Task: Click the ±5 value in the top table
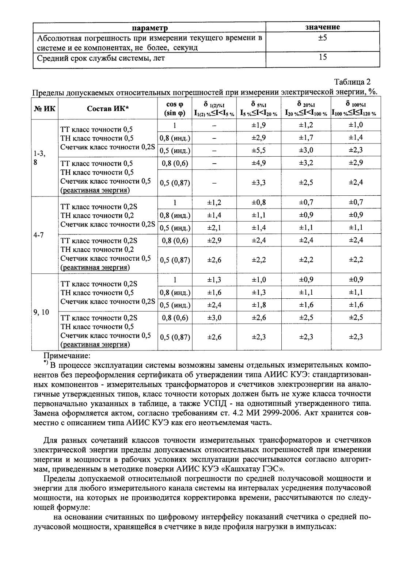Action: click(323, 38)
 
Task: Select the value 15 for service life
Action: click(323, 57)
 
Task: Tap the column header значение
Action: click(323, 27)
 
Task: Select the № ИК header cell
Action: click(45, 108)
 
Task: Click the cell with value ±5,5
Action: click(258, 150)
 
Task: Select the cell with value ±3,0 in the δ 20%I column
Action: click(306, 150)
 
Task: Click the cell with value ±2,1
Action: click(214, 228)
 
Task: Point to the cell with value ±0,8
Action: click(258, 203)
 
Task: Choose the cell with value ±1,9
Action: click(258, 125)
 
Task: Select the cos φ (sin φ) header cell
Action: click(175, 108)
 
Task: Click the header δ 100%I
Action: click(356, 105)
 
